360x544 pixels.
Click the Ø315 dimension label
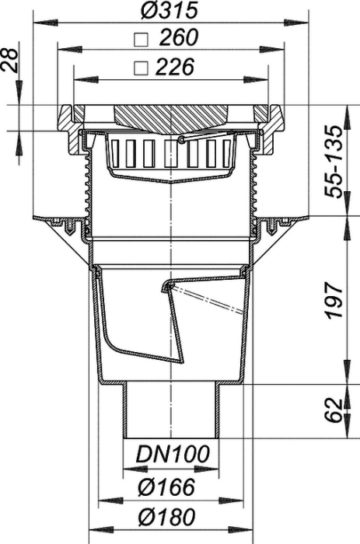[x=170, y=10]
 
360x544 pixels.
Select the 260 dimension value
[x=178, y=37]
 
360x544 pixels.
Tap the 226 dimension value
[x=174, y=67]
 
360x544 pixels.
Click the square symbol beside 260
[x=142, y=40]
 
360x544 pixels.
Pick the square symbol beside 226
[x=142, y=68]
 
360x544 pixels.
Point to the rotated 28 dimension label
[x=10, y=60]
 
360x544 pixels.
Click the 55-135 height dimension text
[x=334, y=162]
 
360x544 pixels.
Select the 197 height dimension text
[x=334, y=301]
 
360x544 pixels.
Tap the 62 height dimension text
[x=334, y=411]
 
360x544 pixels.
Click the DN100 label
[x=173, y=454]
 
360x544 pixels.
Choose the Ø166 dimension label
[x=166, y=486]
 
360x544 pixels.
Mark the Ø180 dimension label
[x=166, y=518]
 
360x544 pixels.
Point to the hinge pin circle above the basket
[x=180, y=139]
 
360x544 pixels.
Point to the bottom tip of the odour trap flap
[x=181, y=363]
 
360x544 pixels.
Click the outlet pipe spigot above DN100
[x=172, y=410]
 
